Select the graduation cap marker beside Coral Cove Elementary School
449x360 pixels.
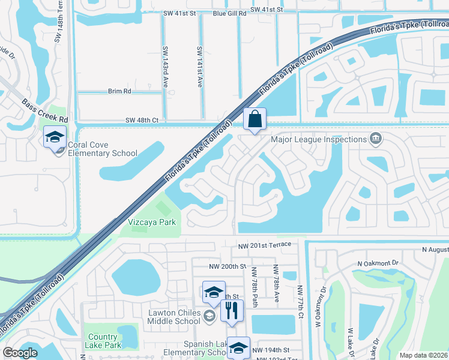coord(55,138)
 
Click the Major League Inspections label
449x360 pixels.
coord(319,139)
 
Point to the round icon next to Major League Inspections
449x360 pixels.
coord(376,139)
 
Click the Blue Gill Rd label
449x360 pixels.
coord(229,13)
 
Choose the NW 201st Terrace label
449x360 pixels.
coord(264,245)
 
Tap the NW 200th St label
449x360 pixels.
coord(228,266)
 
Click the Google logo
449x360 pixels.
coord(20,353)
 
